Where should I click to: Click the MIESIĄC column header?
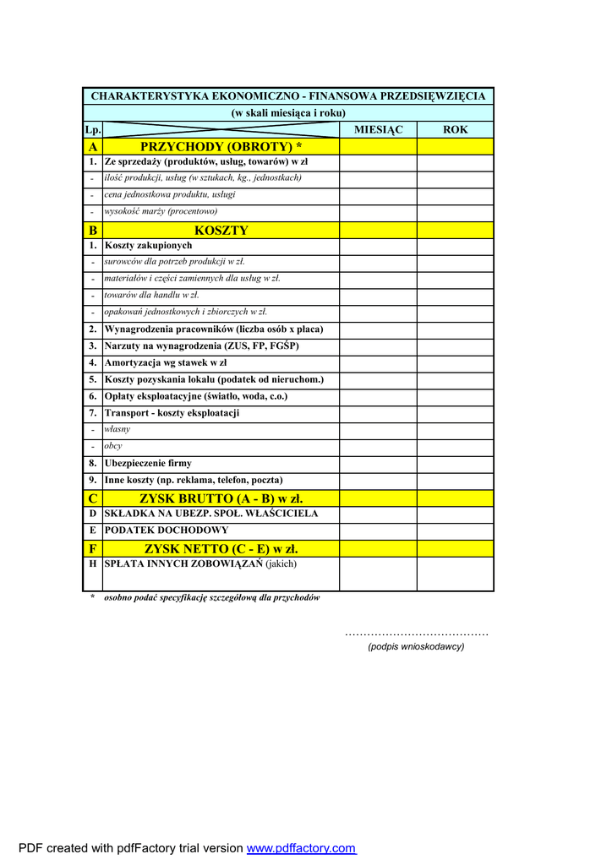click(x=378, y=129)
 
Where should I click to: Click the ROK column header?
click(x=455, y=129)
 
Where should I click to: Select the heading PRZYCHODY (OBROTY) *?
click(x=221, y=146)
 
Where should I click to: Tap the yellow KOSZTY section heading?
click(x=221, y=230)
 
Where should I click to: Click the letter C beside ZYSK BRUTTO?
click(x=92, y=498)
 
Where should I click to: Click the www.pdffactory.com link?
click(x=301, y=848)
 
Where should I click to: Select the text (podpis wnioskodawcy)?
click(x=415, y=646)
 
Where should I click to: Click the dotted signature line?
click(x=416, y=634)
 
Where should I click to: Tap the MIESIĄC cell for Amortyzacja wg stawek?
click(x=378, y=362)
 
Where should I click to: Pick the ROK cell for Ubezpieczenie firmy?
click(x=455, y=463)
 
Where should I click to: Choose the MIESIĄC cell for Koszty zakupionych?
click(x=378, y=246)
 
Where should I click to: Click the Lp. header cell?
click(x=92, y=130)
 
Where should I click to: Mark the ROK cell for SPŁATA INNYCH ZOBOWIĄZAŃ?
click(x=455, y=574)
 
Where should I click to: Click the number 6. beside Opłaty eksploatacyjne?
click(x=92, y=396)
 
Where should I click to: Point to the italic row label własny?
click(x=117, y=429)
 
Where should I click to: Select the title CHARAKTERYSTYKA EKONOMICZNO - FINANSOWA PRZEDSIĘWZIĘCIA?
click(x=287, y=95)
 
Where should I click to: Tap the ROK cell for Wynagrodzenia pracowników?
click(x=455, y=329)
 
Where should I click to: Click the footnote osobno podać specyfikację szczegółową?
click(x=211, y=597)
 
